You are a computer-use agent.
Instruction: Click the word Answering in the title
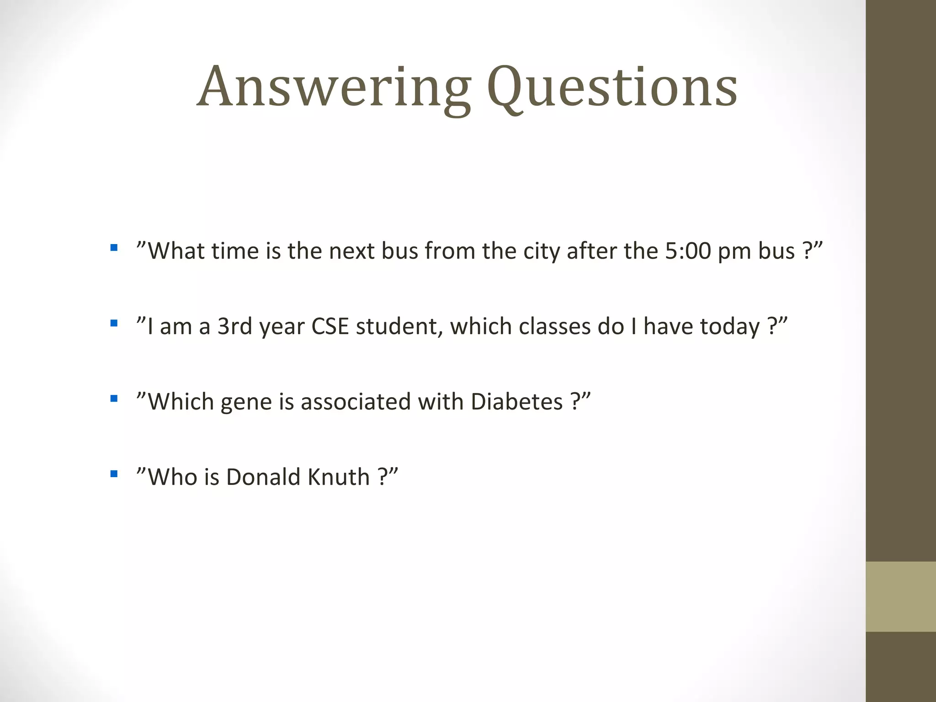click(334, 87)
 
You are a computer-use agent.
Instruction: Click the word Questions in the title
click(612, 87)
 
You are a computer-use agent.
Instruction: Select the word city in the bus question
click(542, 251)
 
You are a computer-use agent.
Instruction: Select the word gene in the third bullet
click(246, 402)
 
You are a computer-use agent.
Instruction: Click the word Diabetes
click(516, 402)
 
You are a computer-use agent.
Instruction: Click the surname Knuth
click(339, 477)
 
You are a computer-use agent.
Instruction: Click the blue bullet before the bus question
click(114, 248)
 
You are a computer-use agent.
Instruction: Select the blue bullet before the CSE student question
click(114, 324)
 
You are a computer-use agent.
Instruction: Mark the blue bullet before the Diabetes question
click(114, 399)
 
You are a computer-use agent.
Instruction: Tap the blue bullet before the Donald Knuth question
click(114, 474)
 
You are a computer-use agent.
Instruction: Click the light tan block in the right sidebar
click(901, 596)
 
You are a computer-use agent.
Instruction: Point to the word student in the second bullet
click(399, 326)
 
